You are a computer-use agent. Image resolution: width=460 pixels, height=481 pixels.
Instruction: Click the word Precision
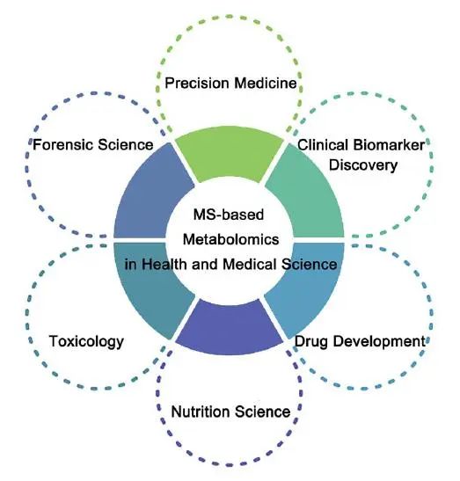(197, 84)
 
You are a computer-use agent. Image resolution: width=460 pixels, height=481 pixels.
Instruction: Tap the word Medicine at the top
(266, 84)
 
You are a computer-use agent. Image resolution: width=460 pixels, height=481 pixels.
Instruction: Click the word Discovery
(363, 165)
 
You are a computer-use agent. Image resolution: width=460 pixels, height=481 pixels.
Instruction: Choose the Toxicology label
(86, 342)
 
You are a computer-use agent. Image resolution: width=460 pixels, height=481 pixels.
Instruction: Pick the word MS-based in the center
(229, 215)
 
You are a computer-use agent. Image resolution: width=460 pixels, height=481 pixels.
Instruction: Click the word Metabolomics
(230, 239)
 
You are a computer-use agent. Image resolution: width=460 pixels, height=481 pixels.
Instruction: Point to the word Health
(164, 265)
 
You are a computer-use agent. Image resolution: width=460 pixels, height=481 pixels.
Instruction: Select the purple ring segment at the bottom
(230, 328)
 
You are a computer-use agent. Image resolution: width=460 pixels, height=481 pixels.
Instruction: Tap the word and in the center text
(204, 265)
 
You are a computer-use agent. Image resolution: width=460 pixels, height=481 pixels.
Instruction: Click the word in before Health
(130, 265)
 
